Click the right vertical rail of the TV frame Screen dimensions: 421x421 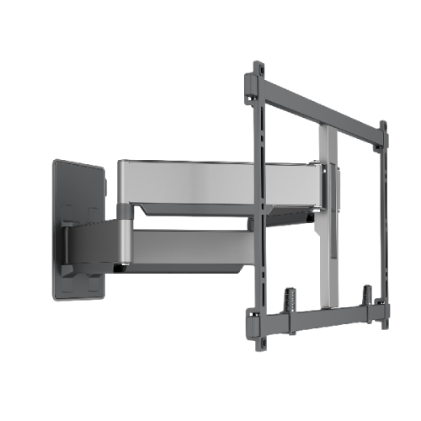[x=384, y=219]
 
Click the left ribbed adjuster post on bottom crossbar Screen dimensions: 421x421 [x=290, y=298]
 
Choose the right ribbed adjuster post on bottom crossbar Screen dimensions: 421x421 [x=368, y=296]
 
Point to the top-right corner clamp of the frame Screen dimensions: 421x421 [x=383, y=143]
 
